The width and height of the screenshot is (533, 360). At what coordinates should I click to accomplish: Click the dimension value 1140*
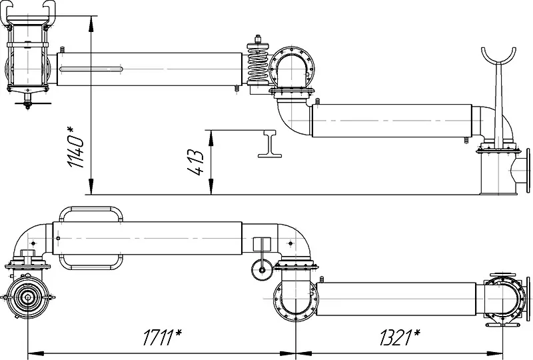pyautogui.click(x=75, y=147)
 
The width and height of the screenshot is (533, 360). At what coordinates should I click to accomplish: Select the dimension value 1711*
pyautogui.click(x=162, y=337)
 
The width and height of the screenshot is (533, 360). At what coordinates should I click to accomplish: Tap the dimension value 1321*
pyautogui.click(x=400, y=337)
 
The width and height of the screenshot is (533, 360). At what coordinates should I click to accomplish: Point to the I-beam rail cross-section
pyautogui.click(x=270, y=143)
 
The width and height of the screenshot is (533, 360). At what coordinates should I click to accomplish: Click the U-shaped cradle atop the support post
pyautogui.click(x=498, y=58)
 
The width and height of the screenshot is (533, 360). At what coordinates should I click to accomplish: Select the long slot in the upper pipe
pyautogui.click(x=91, y=69)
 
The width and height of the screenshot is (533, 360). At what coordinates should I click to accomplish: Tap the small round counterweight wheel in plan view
pyautogui.click(x=262, y=270)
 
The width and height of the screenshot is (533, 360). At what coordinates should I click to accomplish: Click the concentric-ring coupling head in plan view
pyautogui.click(x=28, y=297)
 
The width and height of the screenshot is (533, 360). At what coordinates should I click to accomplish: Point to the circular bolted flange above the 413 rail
pyautogui.click(x=292, y=68)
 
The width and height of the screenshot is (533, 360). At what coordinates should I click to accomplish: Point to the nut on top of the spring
pyautogui.click(x=258, y=39)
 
